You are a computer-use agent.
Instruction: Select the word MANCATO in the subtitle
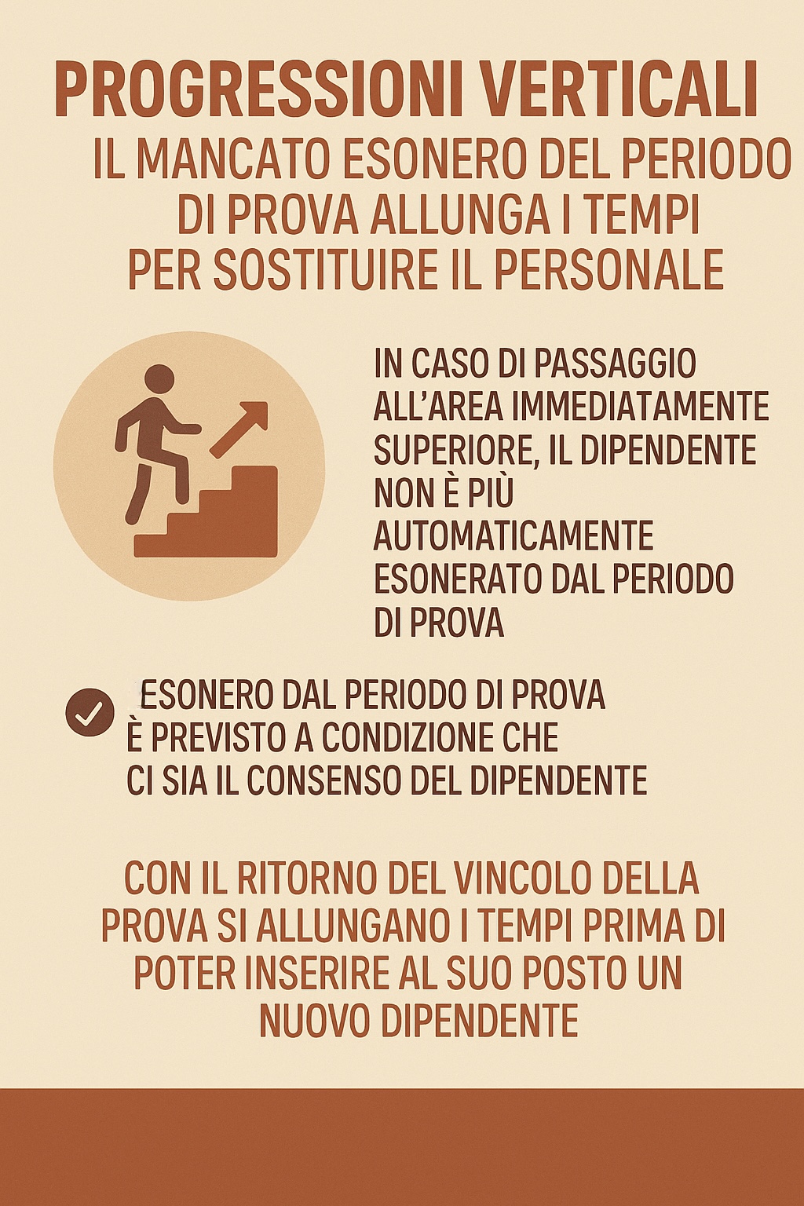tap(236, 159)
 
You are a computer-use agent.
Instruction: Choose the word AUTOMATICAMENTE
tap(513, 536)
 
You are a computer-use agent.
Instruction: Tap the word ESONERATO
tap(459, 579)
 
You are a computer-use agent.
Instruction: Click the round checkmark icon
tap(90, 711)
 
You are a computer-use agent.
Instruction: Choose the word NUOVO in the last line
tap(314, 1021)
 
